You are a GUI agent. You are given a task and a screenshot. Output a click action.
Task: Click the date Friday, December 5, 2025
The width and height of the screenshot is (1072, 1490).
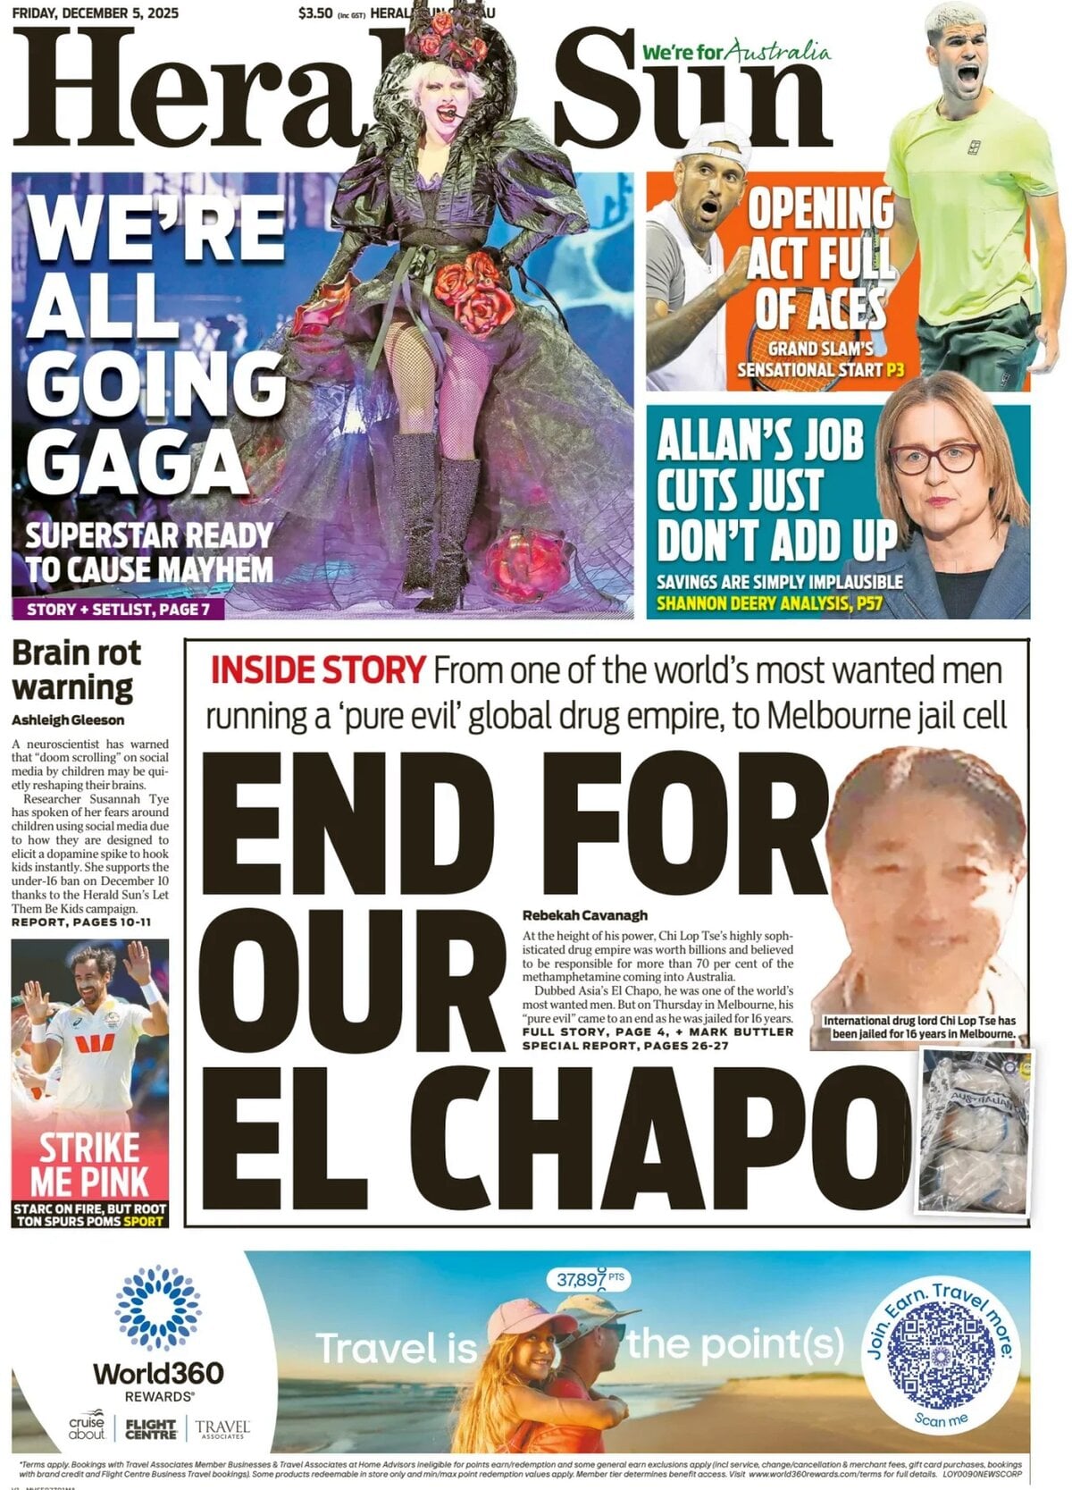point(95,13)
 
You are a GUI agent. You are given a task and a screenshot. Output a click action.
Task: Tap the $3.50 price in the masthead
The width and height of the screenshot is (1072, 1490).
point(316,13)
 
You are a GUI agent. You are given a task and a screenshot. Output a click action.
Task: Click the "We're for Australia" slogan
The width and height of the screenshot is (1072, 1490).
point(735,53)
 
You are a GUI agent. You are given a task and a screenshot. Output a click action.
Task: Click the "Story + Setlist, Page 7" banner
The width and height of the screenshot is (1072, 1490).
point(118,610)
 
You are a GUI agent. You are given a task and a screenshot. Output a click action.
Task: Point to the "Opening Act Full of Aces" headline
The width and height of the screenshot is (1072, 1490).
point(819,259)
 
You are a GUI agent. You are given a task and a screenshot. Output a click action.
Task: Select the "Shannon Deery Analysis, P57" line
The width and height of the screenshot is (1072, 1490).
point(769,603)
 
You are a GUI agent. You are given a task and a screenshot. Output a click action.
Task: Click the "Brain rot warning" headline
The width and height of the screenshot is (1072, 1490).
point(76,670)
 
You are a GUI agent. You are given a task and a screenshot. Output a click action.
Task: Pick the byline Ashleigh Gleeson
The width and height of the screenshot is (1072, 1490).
point(68,720)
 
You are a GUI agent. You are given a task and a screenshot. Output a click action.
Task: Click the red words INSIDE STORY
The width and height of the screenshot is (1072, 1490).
point(317,670)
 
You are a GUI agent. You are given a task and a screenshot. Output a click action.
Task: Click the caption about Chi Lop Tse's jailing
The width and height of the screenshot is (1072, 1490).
point(919,1027)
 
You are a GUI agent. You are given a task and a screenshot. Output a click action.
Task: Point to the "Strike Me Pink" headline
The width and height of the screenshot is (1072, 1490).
point(89,1164)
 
